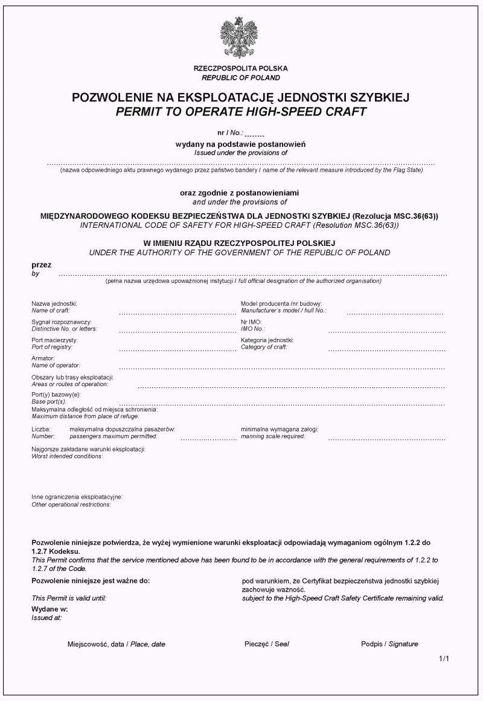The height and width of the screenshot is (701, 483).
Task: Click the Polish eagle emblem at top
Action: pyautogui.click(x=240, y=37)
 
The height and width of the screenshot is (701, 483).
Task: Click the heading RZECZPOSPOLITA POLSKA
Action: pyautogui.click(x=241, y=69)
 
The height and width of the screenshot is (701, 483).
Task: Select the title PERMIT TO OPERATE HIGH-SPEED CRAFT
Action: pyautogui.click(x=241, y=111)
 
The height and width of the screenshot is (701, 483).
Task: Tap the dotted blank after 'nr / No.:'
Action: pyautogui.click(x=255, y=133)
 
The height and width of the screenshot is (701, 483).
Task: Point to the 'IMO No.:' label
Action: pyautogui.click(x=253, y=329)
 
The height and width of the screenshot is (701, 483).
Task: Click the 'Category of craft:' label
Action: pyautogui.click(x=264, y=347)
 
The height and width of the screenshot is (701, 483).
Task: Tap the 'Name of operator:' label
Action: pyautogui.click(x=56, y=365)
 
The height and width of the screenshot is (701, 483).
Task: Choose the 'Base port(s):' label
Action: pyautogui.click(x=49, y=401)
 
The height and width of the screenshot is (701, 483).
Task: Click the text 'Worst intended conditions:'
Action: pyautogui.click(x=67, y=456)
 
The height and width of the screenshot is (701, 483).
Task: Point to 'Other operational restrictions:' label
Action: pyautogui.click(x=71, y=504)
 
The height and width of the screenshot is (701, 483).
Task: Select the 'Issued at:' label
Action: pyautogui.click(x=46, y=618)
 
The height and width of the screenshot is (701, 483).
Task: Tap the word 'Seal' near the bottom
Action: pyautogui.click(x=281, y=644)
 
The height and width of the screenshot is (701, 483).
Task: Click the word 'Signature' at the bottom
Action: pyautogui.click(x=403, y=644)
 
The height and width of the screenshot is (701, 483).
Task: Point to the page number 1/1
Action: pyautogui.click(x=444, y=659)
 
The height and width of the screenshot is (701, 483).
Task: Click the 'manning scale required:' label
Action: pyautogui.click(x=273, y=436)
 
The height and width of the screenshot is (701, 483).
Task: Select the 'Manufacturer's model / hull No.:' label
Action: pyautogui.click(x=283, y=310)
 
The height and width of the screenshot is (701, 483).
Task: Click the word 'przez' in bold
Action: pyautogui.click(x=42, y=265)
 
